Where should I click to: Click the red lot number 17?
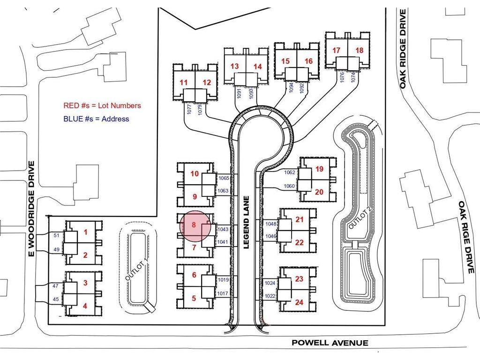[x=336, y=50]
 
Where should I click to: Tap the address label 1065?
[x=224, y=178]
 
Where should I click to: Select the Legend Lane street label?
[x=247, y=222]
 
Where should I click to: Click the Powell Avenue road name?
[x=330, y=343]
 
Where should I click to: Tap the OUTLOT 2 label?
[x=360, y=217]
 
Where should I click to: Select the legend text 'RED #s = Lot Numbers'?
[x=102, y=105]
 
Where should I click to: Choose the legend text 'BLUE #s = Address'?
[x=96, y=119]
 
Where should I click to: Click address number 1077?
[x=189, y=110]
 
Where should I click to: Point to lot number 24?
[x=299, y=302]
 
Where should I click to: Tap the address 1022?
[x=270, y=296]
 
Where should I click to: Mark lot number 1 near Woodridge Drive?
[x=85, y=232]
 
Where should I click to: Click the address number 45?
[x=56, y=299]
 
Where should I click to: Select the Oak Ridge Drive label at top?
[x=403, y=49]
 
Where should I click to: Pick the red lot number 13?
[x=234, y=66]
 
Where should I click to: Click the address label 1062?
[x=289, y=172]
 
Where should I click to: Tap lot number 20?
[x=319, y=192]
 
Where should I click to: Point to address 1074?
[x=353, y=77]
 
